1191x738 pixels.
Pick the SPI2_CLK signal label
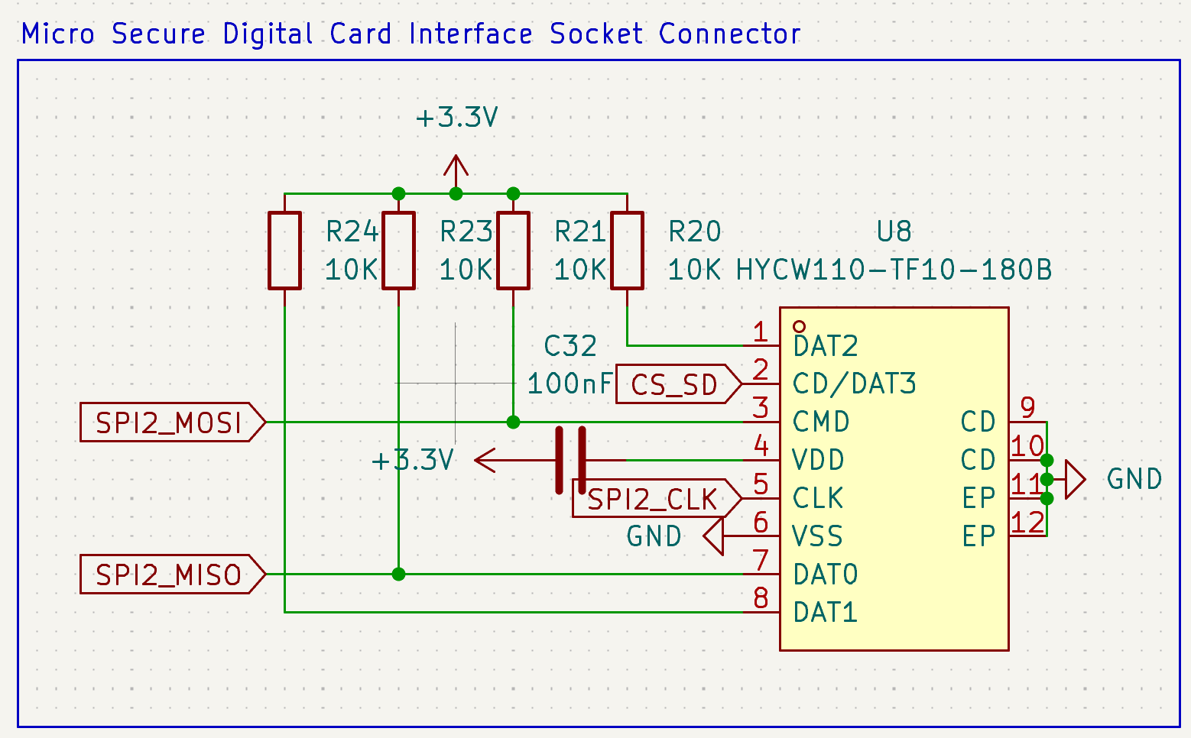click(654, 499)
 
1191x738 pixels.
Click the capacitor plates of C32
click(571, 460)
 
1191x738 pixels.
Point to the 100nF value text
click(570, 384)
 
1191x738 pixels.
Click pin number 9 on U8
click(1027, 408)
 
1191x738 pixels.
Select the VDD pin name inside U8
click(818, 460)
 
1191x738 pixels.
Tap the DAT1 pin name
click(825, 613)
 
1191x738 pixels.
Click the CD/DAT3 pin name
click(854, 384)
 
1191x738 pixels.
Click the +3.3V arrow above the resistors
click(456, 167)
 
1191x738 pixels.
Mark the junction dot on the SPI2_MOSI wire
click(514, 422)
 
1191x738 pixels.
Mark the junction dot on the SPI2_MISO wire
click(398, 574)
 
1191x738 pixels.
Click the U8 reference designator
click(894, 231)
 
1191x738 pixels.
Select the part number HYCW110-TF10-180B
click(894, 270)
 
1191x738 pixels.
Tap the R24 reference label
click(352, 231)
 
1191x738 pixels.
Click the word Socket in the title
click(596, 34)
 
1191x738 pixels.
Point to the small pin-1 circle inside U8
click(800, 327)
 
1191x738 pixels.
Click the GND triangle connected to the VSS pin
click(713, 536)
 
